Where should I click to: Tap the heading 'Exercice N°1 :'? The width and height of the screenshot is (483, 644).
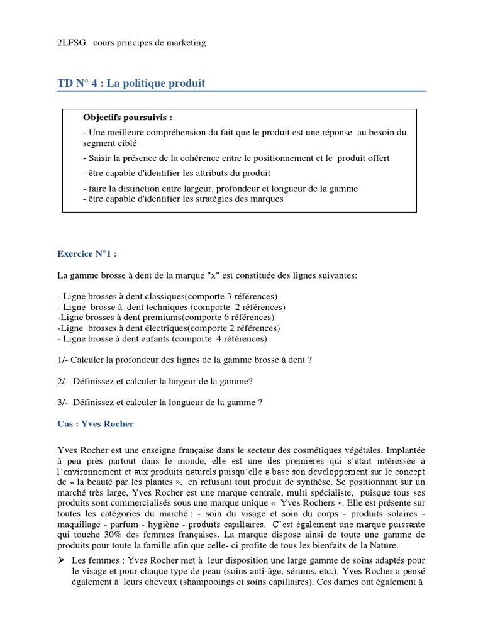(87, 254)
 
